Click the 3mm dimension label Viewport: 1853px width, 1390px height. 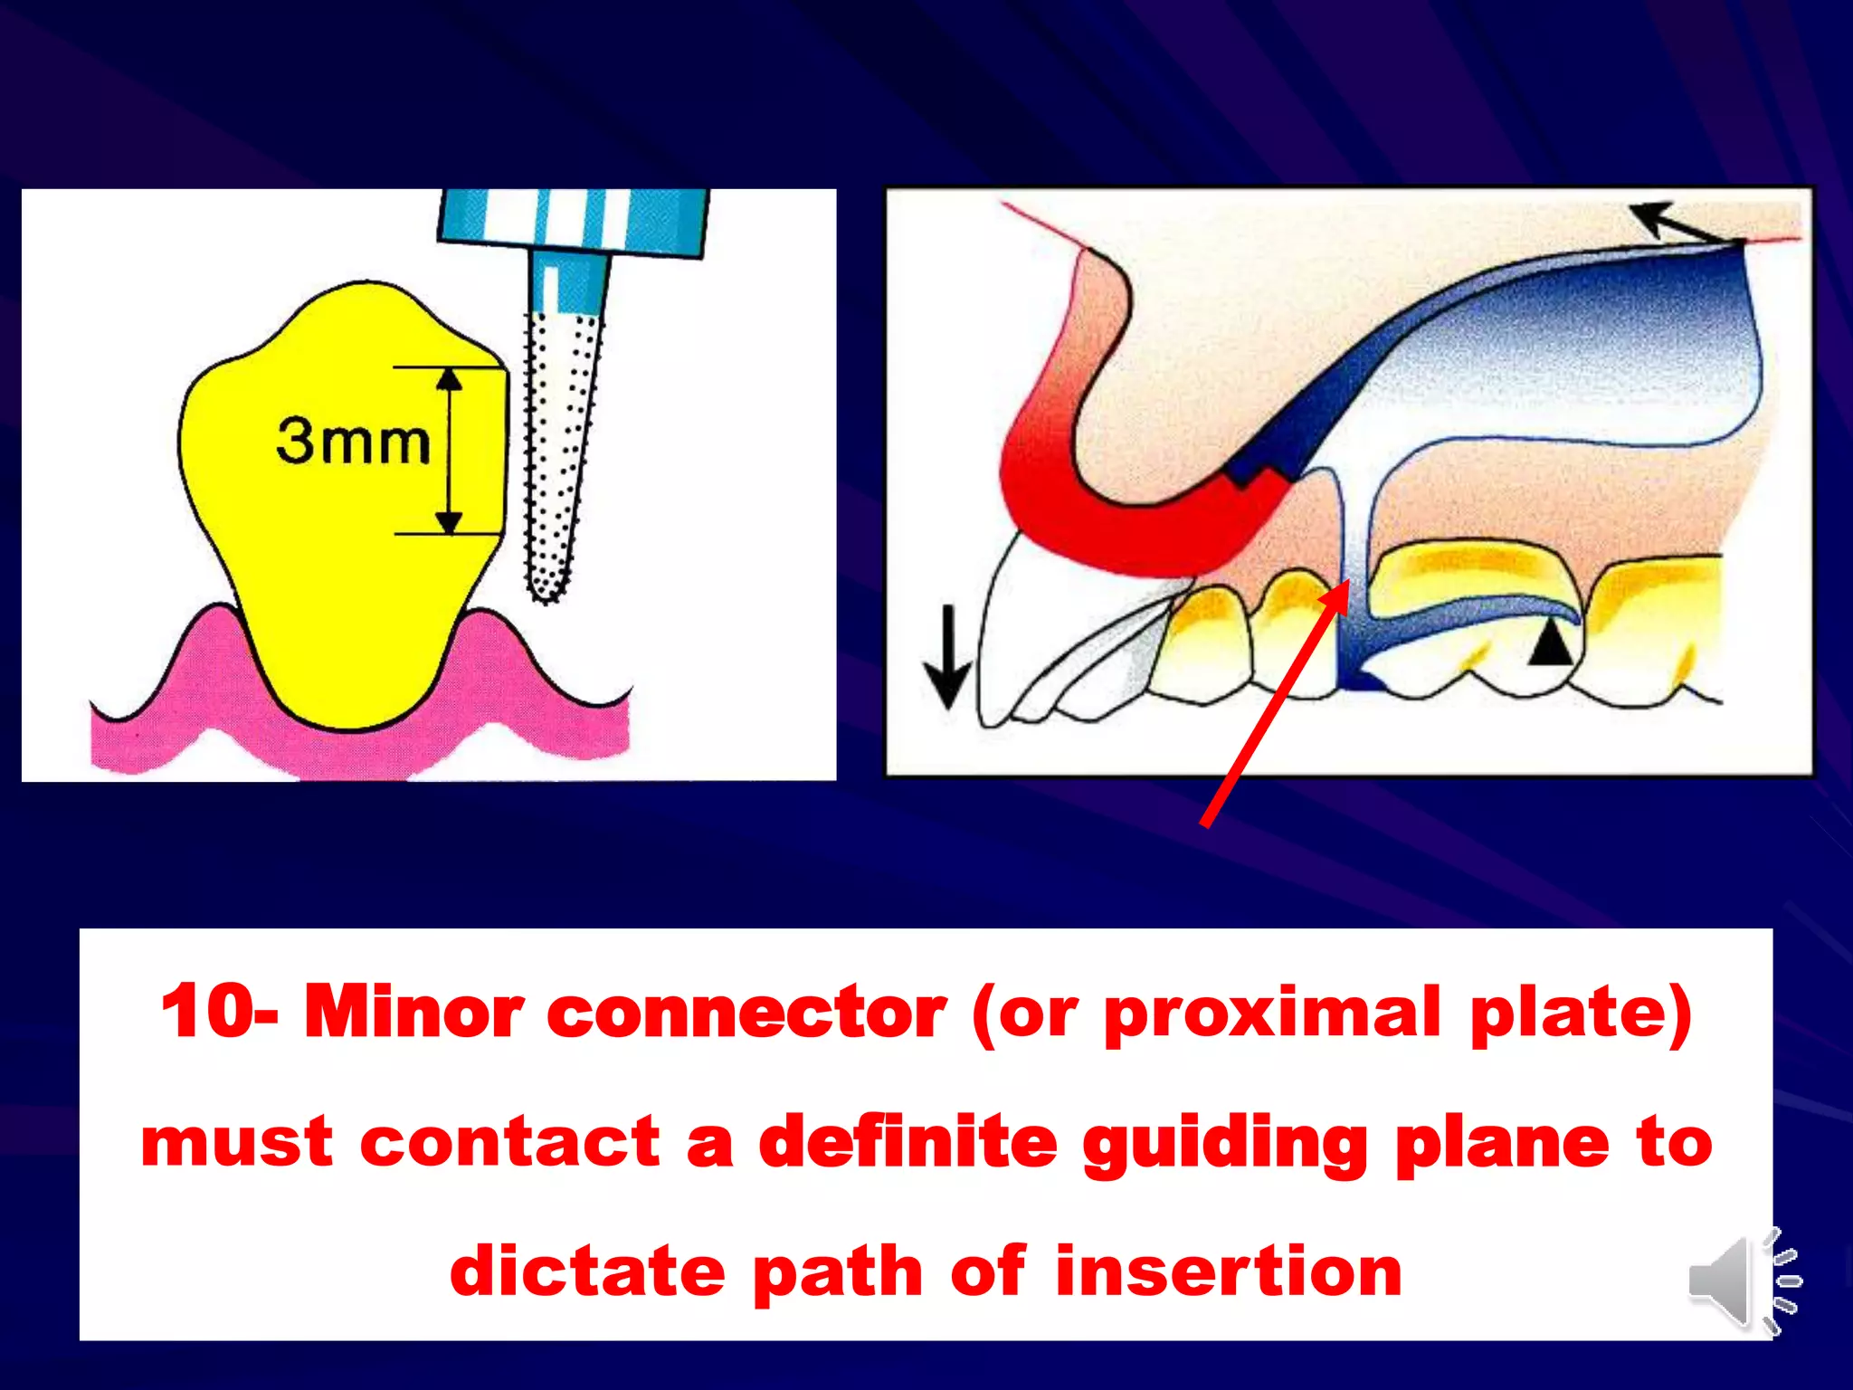tap(353, 442)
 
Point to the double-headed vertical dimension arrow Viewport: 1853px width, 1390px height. tap(450, 451)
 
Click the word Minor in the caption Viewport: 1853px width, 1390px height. tap(413, 1011)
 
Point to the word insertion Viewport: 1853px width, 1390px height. tap(1228, 1271)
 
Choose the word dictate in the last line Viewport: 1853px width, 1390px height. tap(586, 1271)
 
